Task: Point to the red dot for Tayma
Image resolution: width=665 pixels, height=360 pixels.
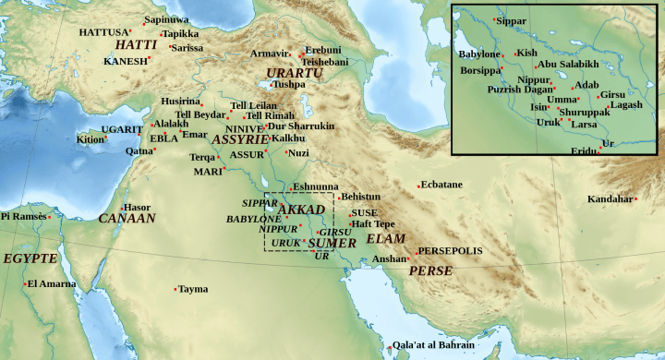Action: coord(175,290)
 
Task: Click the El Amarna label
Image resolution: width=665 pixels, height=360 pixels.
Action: coord(52,283)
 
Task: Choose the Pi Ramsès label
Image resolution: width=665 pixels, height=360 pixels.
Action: coord(23,216)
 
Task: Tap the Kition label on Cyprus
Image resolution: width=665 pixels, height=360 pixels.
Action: coord(90,139)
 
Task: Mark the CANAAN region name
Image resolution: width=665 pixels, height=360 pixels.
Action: coord(127,219)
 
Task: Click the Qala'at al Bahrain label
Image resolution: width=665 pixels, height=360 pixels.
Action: coord(433,345)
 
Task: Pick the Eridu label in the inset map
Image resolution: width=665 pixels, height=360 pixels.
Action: coord(584,150)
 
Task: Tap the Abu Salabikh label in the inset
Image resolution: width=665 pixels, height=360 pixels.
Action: coord(566,65)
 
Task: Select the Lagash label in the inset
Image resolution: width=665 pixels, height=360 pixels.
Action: coord(626,104)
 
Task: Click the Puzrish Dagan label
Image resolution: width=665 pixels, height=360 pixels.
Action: coord(519,90)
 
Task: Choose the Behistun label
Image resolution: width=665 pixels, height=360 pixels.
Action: coord(360,197)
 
